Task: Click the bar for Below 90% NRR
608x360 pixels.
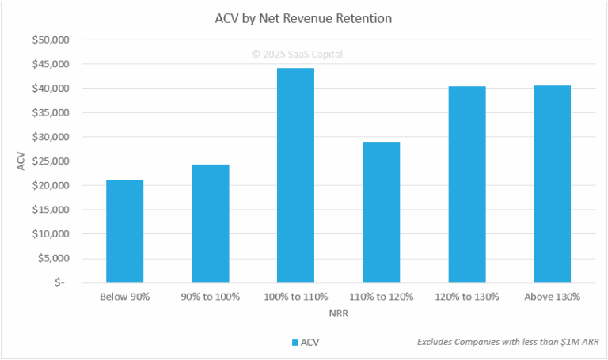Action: (124, 231)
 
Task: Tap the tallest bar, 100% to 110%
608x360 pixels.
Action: (295, 175)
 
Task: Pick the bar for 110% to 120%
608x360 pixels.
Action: (381, 212)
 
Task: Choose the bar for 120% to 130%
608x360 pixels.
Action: (466, 184)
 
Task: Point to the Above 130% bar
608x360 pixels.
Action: (552, 184)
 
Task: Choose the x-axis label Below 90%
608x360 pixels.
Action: (124, 297)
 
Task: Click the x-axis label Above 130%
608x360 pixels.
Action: (552, 297)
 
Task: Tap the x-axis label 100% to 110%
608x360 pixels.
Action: (295, 297)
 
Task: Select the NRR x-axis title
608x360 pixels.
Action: (338, 313)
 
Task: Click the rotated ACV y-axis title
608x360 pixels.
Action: (21, 161)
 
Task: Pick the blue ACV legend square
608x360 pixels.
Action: (294, 343)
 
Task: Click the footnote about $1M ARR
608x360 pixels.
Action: (507, 343)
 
